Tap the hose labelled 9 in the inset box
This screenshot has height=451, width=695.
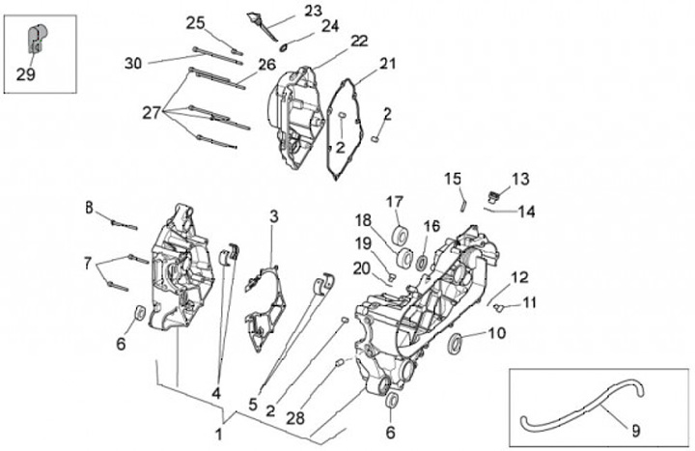tap(579, 417)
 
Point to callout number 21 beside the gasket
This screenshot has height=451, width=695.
tap(388, 64)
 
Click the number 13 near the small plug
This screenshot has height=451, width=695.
tap(520, 179)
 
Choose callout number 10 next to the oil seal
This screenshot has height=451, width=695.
tap(496, 333)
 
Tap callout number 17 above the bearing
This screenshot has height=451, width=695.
tap(395, 202)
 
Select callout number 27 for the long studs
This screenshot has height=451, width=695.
tap(151, 113)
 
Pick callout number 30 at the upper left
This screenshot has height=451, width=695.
tap(133, 64)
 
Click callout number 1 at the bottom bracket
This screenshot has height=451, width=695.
tap(219, 425)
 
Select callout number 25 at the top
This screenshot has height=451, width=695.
tap(196, 23)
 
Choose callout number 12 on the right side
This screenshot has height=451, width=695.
tap(519, 278)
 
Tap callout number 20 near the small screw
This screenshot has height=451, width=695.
tap(362, 268)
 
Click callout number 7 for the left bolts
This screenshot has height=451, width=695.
tap(88, 263)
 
